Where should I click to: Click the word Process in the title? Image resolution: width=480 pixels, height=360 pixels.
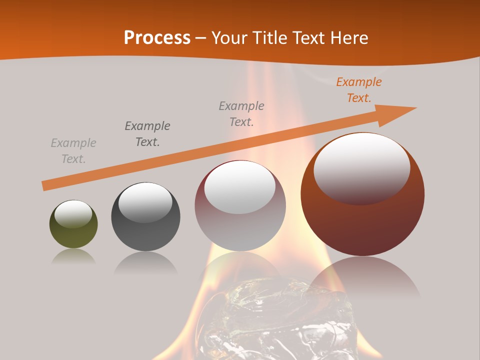pos(157,38)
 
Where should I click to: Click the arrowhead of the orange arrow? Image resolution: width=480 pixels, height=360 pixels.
pos(400,112)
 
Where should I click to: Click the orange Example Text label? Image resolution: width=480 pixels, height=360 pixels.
pos(359,90)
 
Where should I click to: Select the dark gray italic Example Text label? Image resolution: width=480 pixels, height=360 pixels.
pos(147,133)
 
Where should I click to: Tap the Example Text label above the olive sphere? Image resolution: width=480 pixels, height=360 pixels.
pos(73,150)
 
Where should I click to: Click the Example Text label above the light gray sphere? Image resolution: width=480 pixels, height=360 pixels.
pos(241,113)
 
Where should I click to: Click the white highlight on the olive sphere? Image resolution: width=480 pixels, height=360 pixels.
pos(73,214)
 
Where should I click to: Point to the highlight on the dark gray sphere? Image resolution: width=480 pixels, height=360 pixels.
pos(145,202)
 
